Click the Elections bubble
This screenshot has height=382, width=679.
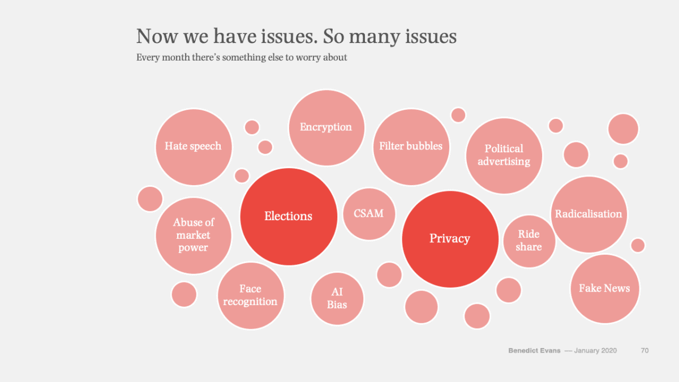tap(289, 216)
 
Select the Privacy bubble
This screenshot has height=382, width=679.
tap(450, 239)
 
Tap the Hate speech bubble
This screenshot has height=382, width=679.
tap(193, 147)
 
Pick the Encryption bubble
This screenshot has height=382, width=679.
tap(326, 127)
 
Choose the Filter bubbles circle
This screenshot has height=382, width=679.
tap(411, 147)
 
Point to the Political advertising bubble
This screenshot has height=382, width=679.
tap(504, 155)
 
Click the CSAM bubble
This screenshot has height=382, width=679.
tap(369, 214)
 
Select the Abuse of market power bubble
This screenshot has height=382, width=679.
tap(193, 235)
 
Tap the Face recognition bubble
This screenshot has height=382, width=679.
tap(250, 295)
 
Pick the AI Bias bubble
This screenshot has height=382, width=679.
tap(337, 298)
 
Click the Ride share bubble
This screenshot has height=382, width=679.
tap(529, 241)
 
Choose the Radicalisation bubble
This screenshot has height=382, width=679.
tap(588, 214)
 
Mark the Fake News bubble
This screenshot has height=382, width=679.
tap(604, 289)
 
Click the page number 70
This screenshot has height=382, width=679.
tap(644, 351)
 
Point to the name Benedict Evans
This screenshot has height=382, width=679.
tap(534, 351)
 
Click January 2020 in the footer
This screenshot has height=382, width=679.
tap(595, 351)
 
